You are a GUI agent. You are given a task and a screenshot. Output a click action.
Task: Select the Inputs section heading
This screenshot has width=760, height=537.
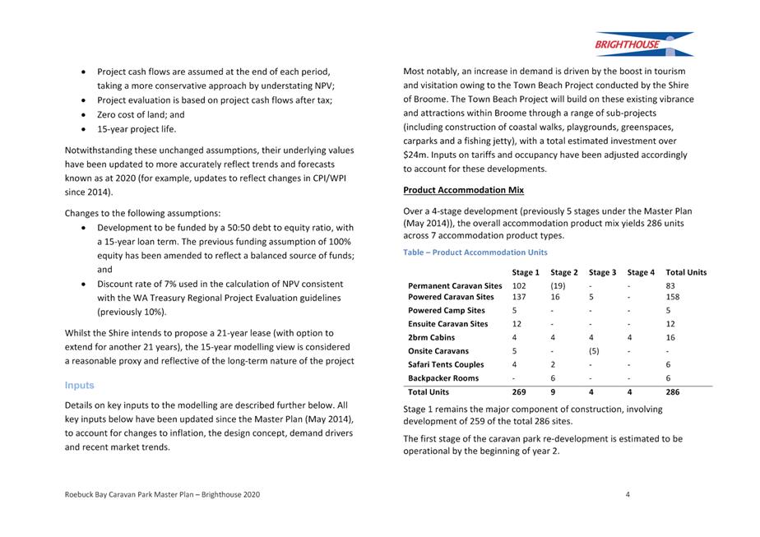tap(79, 385)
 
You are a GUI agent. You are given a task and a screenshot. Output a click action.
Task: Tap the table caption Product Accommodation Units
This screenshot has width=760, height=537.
tap(475, 252)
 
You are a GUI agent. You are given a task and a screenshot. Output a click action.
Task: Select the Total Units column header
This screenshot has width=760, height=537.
tap(686, 272)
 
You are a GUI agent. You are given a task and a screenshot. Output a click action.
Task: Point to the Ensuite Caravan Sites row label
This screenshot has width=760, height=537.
tap(447, 324)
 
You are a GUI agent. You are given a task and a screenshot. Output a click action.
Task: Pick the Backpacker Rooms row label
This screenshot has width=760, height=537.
tap(443, 378)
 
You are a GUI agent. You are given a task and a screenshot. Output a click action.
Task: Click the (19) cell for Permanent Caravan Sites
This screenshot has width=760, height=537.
tap(558, 285)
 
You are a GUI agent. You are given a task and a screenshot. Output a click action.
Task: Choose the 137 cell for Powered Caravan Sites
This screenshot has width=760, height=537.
tap(519, 296)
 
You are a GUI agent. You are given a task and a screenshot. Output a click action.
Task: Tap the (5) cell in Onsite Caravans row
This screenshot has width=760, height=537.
tap(596, 351)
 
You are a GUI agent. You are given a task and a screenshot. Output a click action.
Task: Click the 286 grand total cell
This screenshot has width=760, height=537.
tap(673, 392)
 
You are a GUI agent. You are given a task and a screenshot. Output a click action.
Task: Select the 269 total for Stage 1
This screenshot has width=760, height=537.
tap(519, 392)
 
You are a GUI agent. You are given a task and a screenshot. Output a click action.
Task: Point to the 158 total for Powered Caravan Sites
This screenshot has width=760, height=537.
tap(673, 296)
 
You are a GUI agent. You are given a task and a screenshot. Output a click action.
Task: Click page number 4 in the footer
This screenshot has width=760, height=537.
tap(628, 494)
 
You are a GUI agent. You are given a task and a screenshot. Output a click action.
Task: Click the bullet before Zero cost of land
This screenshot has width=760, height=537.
tap(85, 115)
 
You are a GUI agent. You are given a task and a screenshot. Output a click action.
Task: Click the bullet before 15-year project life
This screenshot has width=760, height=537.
tap(85, 129)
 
